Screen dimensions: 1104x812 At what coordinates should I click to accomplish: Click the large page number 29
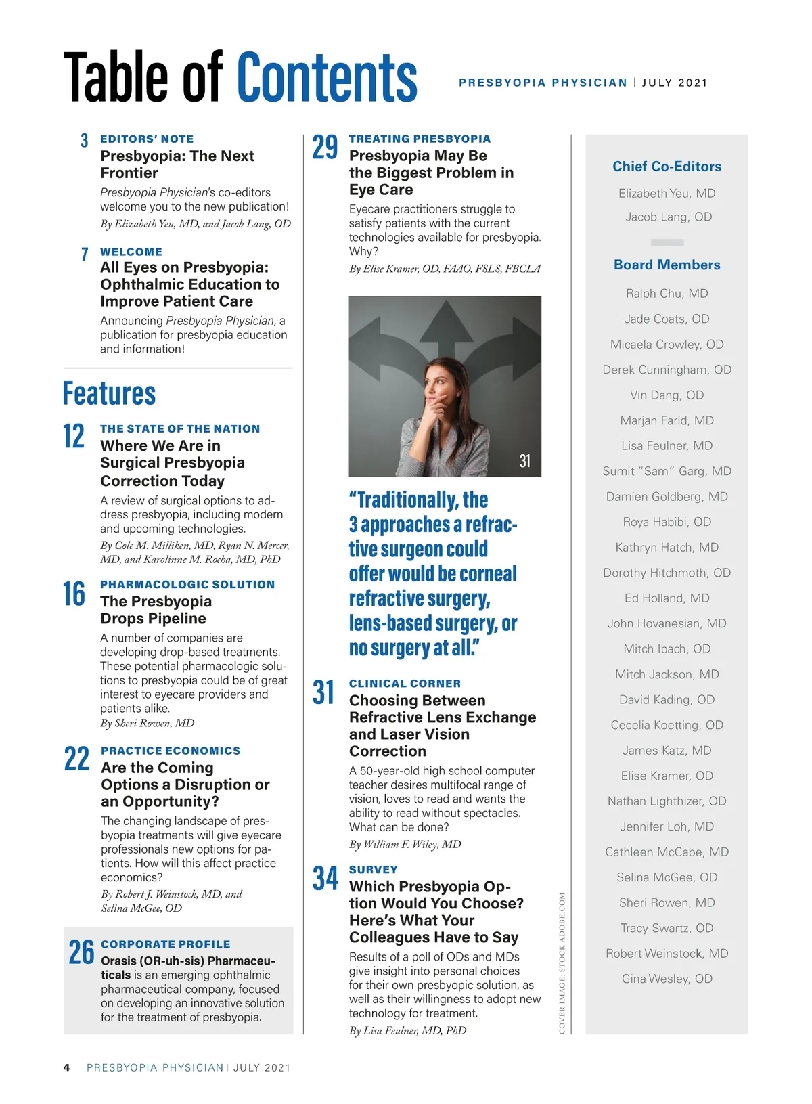(325, 148)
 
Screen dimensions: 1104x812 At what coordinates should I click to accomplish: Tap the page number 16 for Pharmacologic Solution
(74, 594)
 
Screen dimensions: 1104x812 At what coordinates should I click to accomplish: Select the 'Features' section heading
(109, 393)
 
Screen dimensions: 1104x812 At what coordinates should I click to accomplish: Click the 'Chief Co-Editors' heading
(667, 167)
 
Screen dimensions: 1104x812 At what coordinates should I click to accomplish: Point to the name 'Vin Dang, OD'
(667, 395)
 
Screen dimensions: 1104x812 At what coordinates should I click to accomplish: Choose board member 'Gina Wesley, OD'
(667, 979)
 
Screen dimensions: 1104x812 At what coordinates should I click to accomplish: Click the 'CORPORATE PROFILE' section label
(165, 944)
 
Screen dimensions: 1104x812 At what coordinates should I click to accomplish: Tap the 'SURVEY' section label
(373, 870)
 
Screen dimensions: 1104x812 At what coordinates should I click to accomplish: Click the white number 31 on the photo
(524, 462)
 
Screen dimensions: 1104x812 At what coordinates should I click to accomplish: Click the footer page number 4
(66, 1068)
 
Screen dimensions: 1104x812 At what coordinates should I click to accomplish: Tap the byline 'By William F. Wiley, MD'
(405, 845)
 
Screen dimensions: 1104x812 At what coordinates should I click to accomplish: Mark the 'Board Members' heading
(667, 265)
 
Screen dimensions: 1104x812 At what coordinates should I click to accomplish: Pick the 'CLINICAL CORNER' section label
(405, 684)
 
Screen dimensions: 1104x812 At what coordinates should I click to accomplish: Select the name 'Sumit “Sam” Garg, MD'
(667, 471)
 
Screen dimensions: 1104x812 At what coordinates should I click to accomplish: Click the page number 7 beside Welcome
(85, 255)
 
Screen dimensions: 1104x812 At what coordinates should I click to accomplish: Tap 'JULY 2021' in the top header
(674, 83)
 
